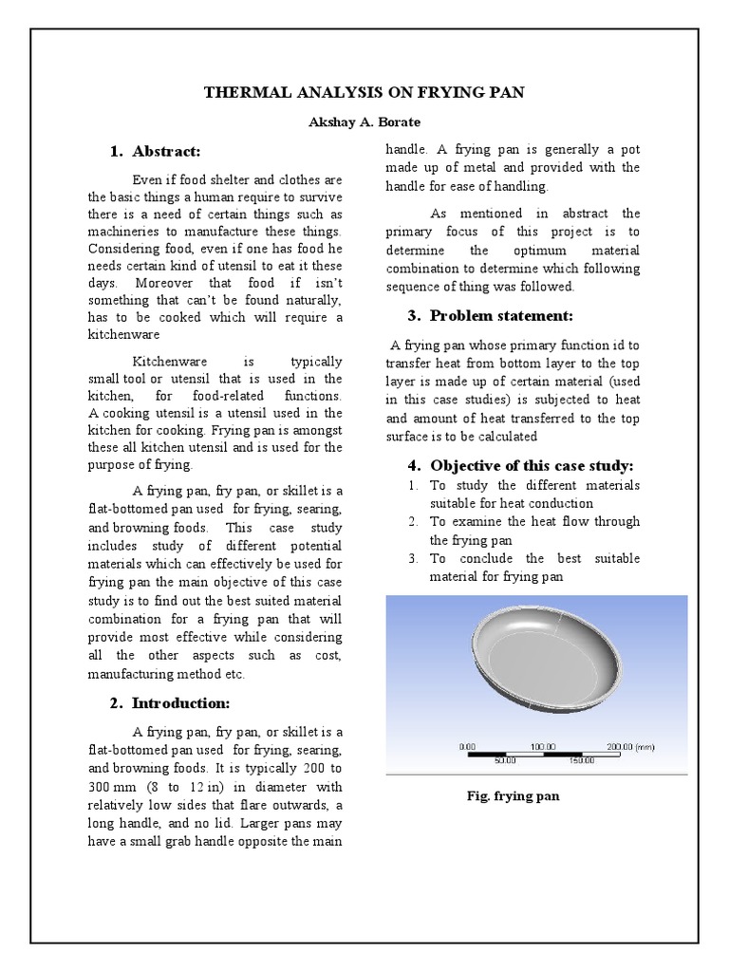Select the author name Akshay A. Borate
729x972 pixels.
(x=365, y=123)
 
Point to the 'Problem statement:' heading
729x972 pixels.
(x=502, y=315)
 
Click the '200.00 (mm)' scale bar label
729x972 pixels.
(x=631, y=747)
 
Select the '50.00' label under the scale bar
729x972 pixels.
(x=505, y=760)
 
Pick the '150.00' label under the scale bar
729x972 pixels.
(x=582, y=760)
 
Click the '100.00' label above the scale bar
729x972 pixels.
(x=544, y=747)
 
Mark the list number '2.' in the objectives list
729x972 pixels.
(x=413, y=522)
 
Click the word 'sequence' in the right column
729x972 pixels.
(x=414, y=287)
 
